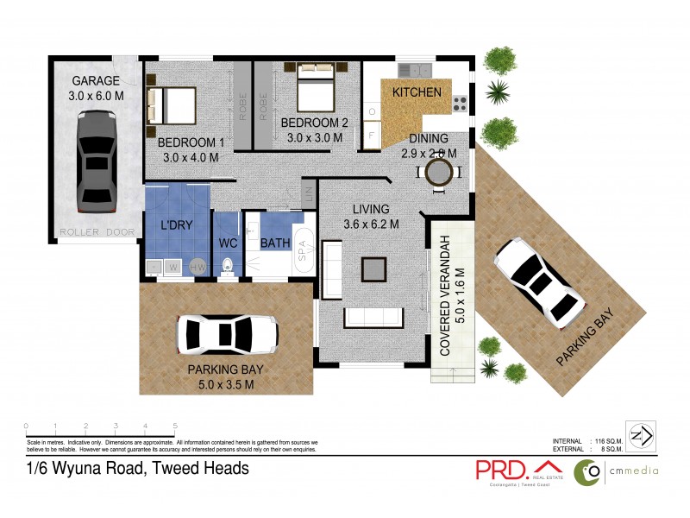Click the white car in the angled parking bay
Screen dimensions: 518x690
pos(536,279)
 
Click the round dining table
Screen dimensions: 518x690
pos(438,175)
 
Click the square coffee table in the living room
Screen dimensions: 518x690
pos(373,269)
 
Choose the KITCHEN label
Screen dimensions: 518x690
pos(417,92)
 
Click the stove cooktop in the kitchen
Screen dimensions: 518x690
pos(460,104)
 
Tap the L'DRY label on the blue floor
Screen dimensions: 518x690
pos(176,225)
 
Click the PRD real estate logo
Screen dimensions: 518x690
pos(516,470)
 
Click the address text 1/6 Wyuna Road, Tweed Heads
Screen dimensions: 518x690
pos(138,469)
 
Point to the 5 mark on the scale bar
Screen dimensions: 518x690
pos(176,426)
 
